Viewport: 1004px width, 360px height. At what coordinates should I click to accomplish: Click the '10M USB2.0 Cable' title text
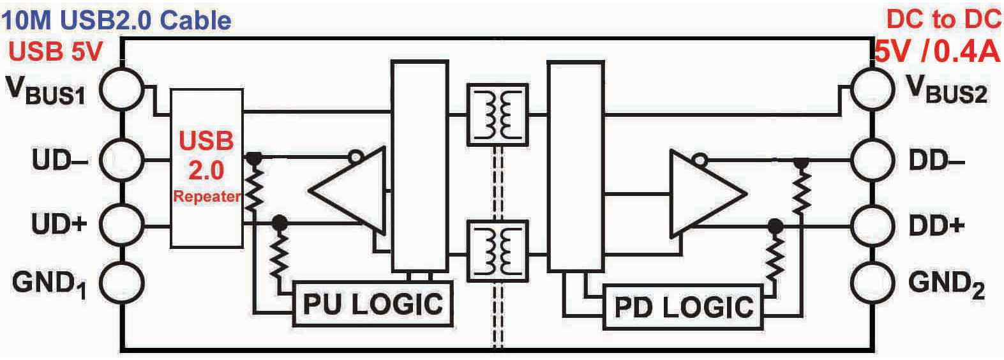tap(116, 20)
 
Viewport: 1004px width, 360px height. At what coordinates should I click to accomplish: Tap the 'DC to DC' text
tap(943, 20)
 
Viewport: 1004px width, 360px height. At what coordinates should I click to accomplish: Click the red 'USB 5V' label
tap(56, 52)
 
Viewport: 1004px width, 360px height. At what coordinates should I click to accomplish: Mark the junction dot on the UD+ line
tap(280, 222)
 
